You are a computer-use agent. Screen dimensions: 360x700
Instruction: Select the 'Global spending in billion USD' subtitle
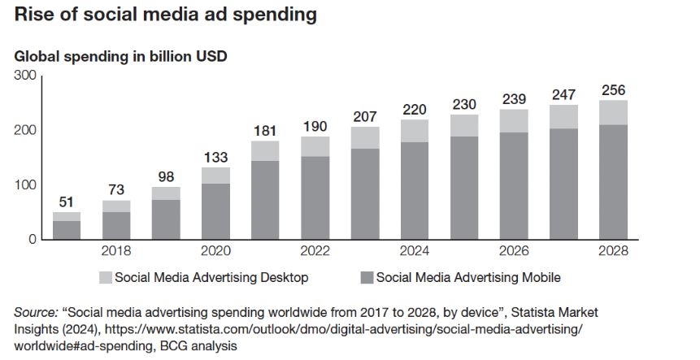coord(120,57)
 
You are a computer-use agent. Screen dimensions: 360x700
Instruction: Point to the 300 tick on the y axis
coord(26,76)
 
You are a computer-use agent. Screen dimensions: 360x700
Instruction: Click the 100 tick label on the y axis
coord(26,184)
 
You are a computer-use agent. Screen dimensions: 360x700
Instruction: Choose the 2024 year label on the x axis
coord(415,251)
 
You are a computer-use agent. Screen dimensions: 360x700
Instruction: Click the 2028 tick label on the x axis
coord(613,251)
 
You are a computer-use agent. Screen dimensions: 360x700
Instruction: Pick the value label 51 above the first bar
coord(67,202)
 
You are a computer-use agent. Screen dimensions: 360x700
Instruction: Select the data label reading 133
coord(215,158)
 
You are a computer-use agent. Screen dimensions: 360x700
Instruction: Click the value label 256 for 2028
coord(613,90)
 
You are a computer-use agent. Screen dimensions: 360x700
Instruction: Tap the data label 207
coord(366,117)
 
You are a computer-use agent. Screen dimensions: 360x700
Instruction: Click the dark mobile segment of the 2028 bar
coord(613,182)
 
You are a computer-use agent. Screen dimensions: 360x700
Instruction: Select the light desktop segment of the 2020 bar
coord(215,176)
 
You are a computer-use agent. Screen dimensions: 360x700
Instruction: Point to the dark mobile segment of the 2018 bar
coord(116,225)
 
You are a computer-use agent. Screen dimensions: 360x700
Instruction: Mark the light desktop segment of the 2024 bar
coord(415,131)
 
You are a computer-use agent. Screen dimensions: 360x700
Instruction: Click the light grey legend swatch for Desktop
coord(104,278)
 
